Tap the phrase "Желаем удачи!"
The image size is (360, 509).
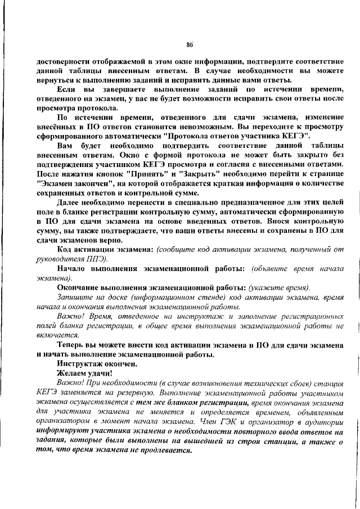[84, 372]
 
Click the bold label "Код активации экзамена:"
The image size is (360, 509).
[106, 249]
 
